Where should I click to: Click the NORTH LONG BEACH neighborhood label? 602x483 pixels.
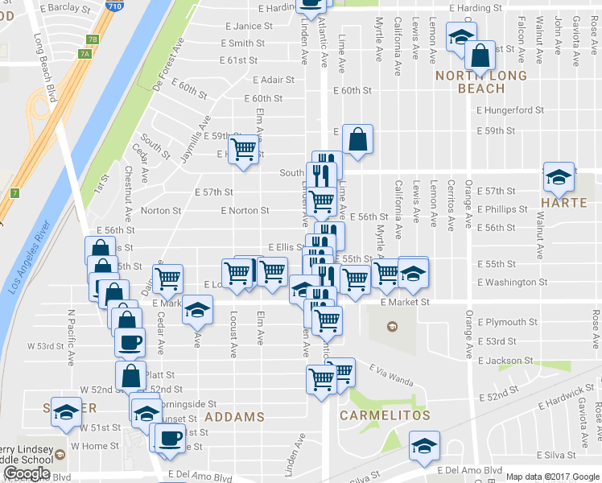(481, 82)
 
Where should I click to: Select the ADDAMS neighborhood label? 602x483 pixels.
(234, 416)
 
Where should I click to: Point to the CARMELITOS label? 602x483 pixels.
(385, 415)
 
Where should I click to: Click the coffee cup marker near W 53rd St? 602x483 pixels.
(130, 342)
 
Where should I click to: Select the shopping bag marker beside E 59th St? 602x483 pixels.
(357, 138)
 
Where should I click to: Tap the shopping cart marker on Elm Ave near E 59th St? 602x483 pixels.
(244, 149)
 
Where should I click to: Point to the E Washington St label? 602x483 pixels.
(512, 283)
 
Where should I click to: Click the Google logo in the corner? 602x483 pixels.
(27, 473)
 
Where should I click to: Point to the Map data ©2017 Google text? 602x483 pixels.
(552, 477)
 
